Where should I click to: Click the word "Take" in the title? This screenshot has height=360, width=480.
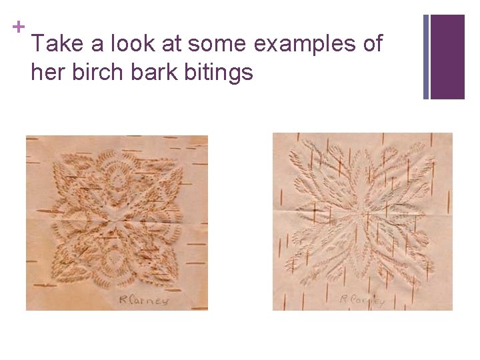pos(56,45)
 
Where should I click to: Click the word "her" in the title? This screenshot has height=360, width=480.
pos(45,72)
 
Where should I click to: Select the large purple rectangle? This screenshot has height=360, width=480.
pos(447,57)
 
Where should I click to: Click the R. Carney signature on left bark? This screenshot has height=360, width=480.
pos(143,299)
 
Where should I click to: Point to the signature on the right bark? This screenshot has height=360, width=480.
pos(362,300)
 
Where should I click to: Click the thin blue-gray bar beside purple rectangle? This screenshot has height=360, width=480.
pos(426,57)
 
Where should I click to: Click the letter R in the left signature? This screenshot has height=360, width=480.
pos(123,299)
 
